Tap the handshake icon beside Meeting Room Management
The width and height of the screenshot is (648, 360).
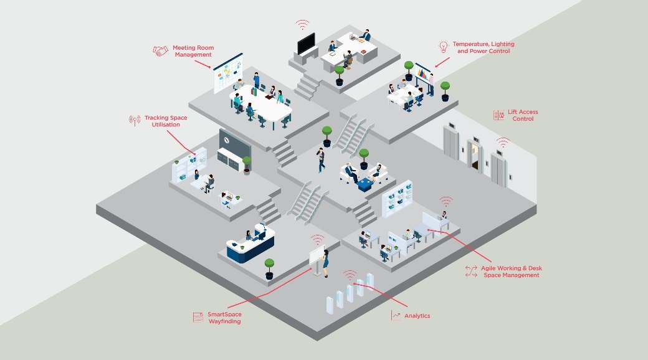pos(161,51)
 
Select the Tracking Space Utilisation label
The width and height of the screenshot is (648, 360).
pos(165,121)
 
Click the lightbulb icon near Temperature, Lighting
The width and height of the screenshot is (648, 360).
pos(443,47)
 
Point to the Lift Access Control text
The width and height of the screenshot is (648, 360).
pos(523,115)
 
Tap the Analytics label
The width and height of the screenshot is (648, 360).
pos(417,316)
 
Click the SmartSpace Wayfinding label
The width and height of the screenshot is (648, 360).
pos(224,318)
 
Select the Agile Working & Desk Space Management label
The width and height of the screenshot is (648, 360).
pos(511,271)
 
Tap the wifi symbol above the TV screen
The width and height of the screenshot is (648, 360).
pos(302,25)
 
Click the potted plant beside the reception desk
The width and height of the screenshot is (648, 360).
pos(269,268)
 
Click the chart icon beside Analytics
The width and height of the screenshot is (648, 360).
pos(396,316)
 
